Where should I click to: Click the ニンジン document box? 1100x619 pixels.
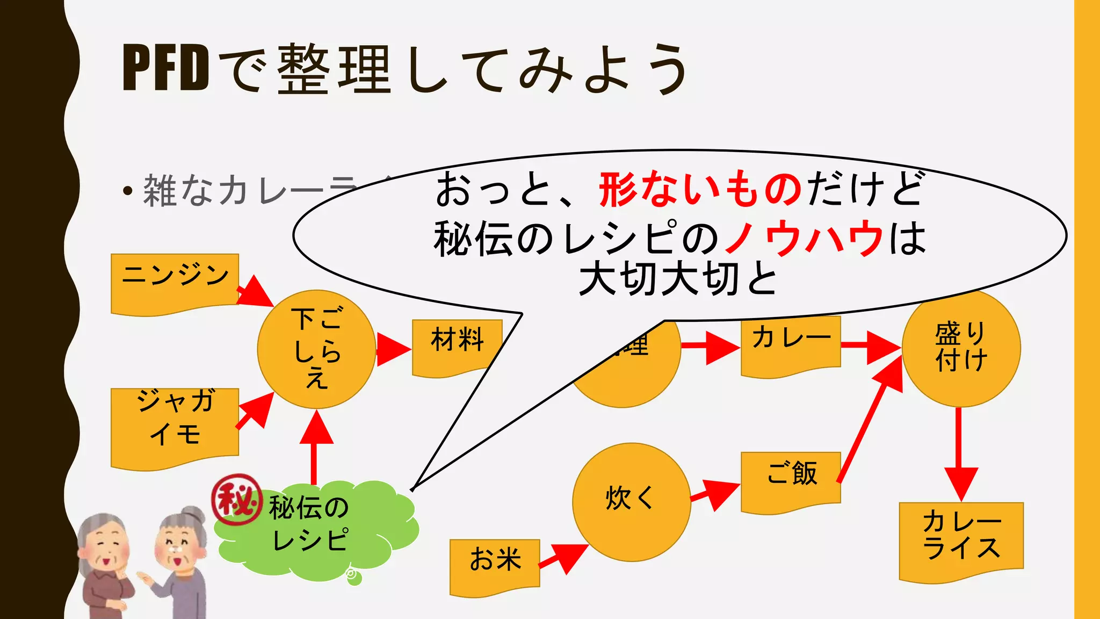pos(175,282)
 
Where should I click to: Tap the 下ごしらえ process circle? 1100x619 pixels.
pos(316,349)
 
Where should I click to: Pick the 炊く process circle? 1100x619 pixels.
pos(631,502)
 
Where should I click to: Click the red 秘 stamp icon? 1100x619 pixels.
pos(237,500)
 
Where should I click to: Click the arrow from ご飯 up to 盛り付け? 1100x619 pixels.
pos(870,419)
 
